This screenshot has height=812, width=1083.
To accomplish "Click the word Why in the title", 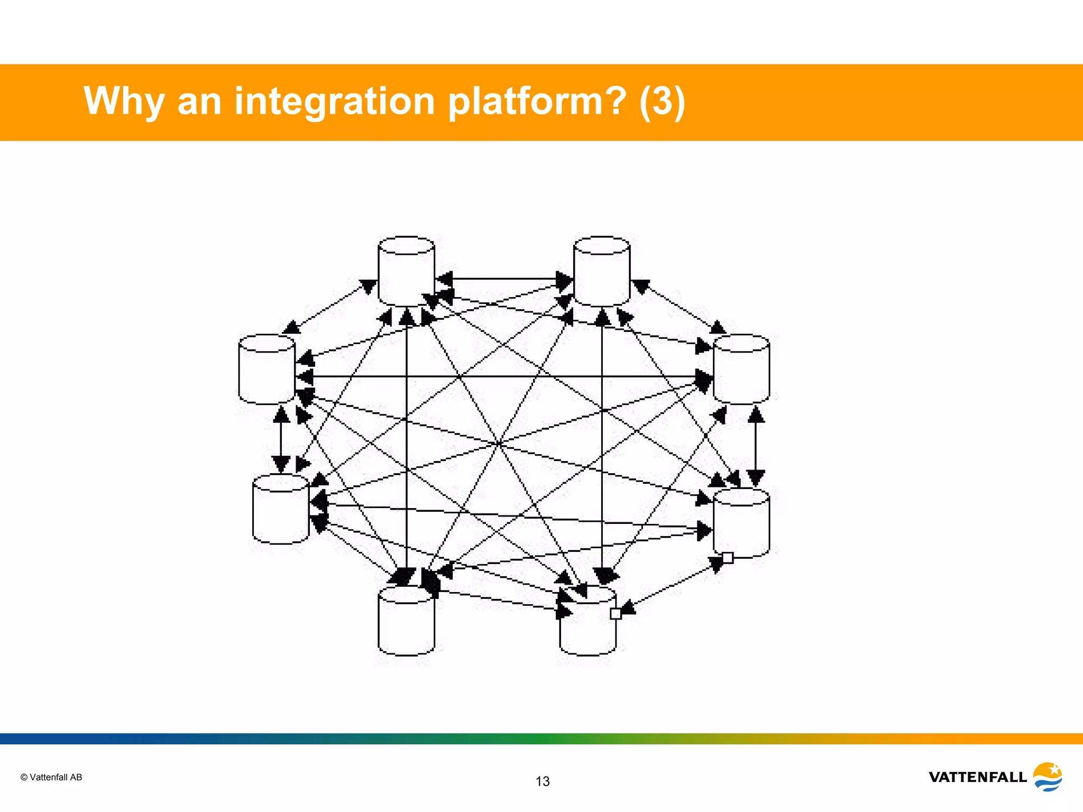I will [x=123, y=101].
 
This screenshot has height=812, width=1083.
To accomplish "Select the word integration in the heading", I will [x=334, y=101].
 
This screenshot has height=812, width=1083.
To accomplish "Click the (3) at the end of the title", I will [x=662, y=101].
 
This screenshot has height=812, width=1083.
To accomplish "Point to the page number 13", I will [x=543, y=781].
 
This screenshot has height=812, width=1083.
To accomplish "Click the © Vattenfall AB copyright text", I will [x=51, y=777].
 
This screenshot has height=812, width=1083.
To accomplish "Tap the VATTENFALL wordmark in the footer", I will [x=977, y=777].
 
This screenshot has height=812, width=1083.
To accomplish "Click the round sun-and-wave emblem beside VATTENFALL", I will [x=1047, y=776].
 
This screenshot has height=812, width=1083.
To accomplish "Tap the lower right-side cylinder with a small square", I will [x=741, y=523].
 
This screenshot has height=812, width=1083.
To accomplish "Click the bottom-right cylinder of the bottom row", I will [x=587, y=624].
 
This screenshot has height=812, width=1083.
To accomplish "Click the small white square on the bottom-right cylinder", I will [x=616, y=614].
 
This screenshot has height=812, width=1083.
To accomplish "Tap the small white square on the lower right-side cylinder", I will [x=728, y=558].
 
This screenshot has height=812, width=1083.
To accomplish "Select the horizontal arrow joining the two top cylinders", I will [x=505, y=278].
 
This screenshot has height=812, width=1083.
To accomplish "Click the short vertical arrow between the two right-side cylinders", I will [x=756, y=447].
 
